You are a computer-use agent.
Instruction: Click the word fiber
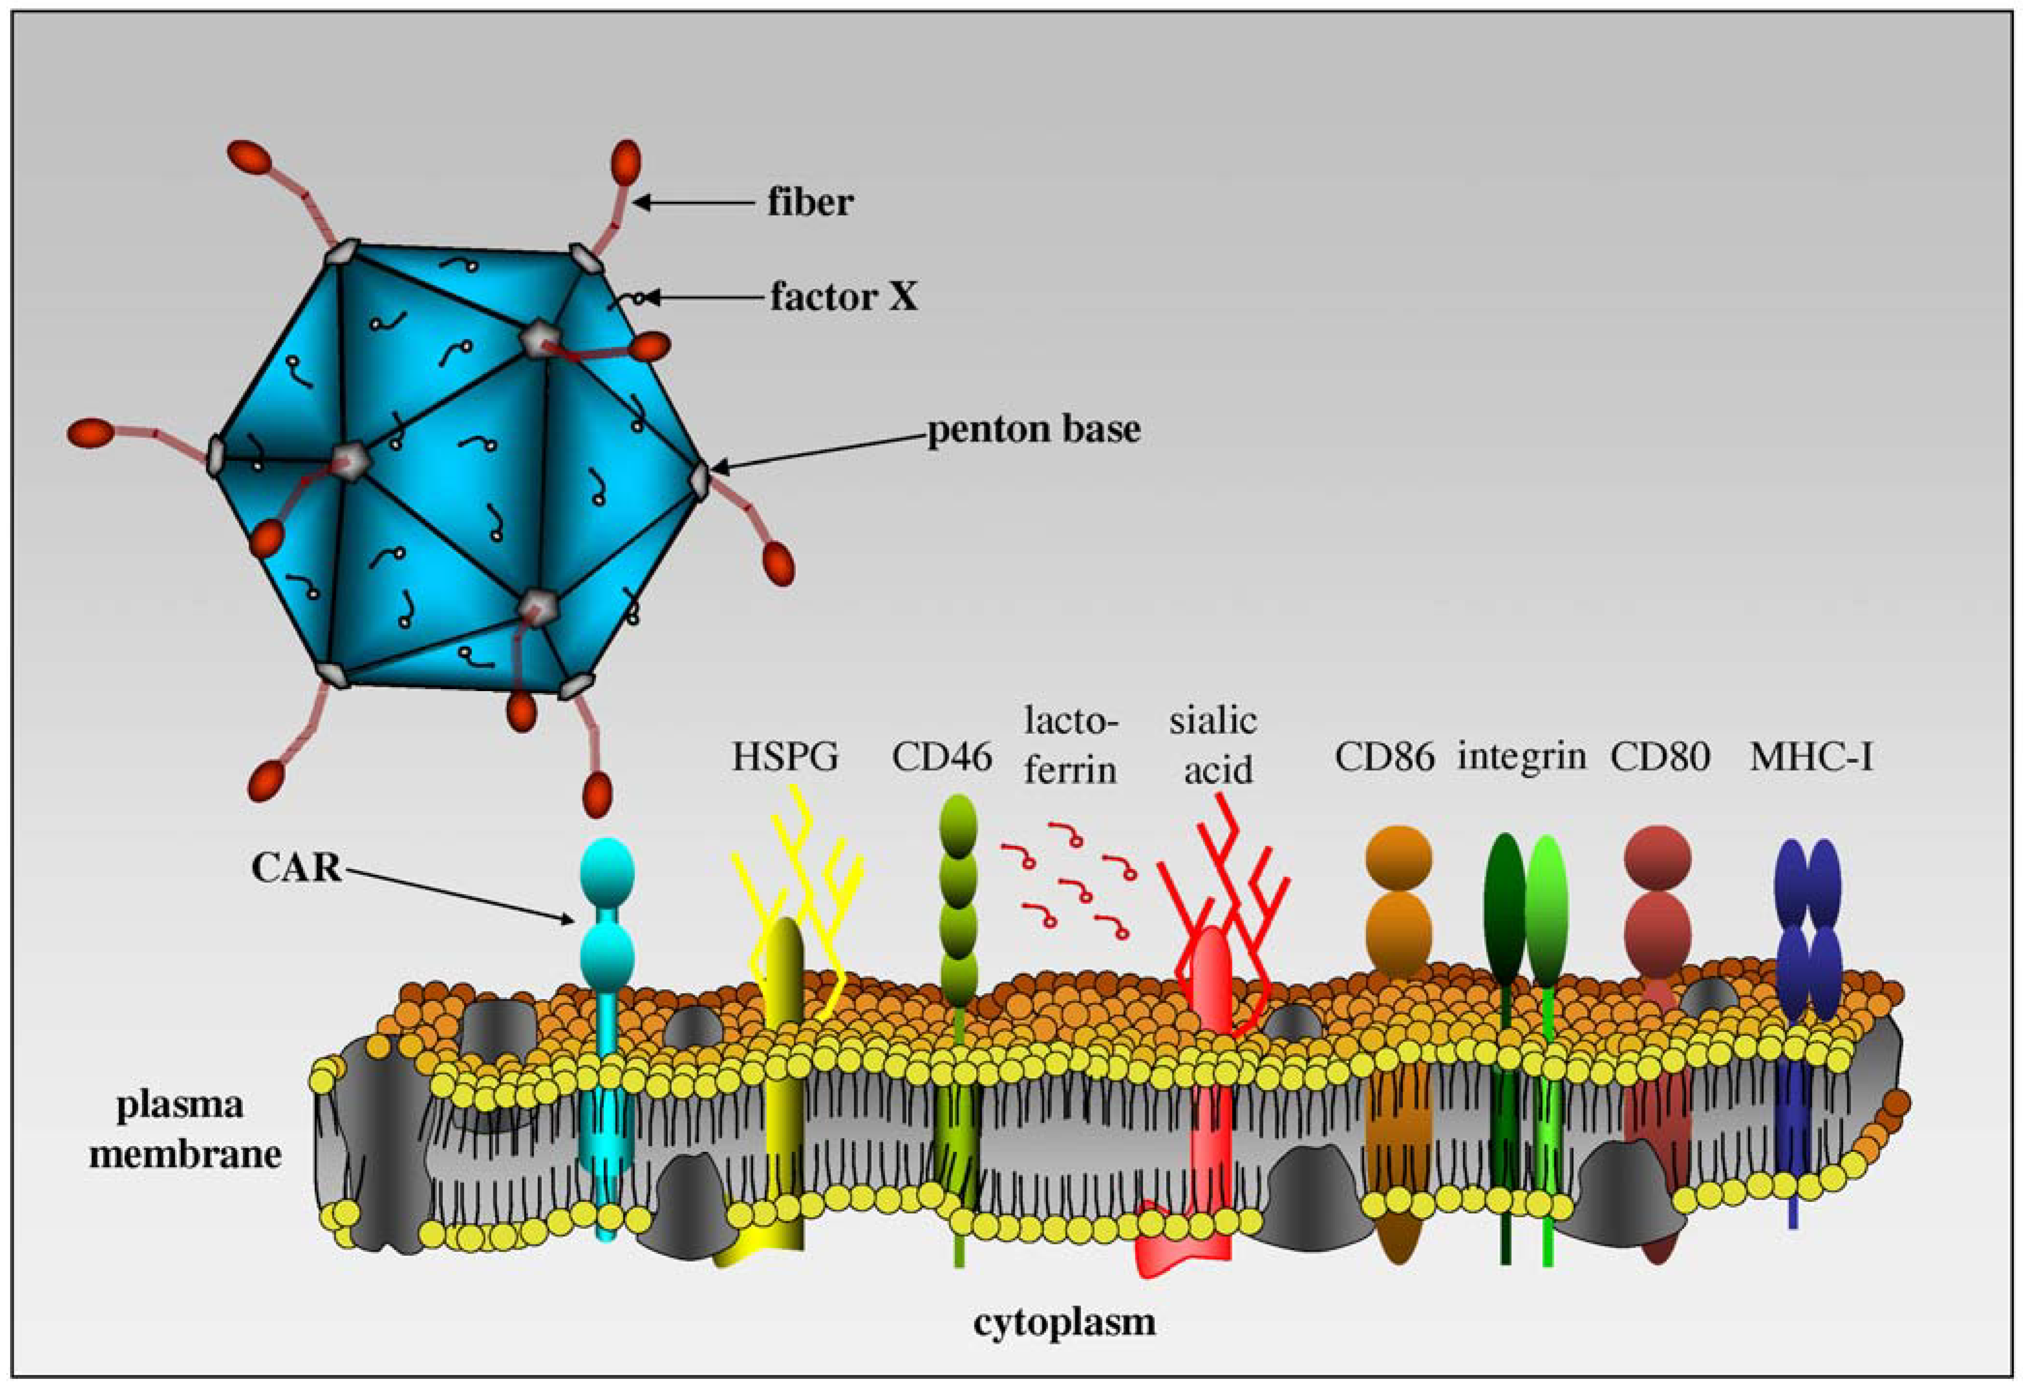[809, 203]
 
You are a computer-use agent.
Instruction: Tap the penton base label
[1033, 429]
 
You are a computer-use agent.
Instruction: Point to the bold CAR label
[296, 868]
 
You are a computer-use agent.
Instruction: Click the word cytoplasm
[1064, 1322]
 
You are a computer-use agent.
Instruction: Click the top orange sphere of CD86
[1398, 856]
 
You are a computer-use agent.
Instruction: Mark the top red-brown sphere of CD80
[1657, 856]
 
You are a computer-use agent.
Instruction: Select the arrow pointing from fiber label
[692, 203]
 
